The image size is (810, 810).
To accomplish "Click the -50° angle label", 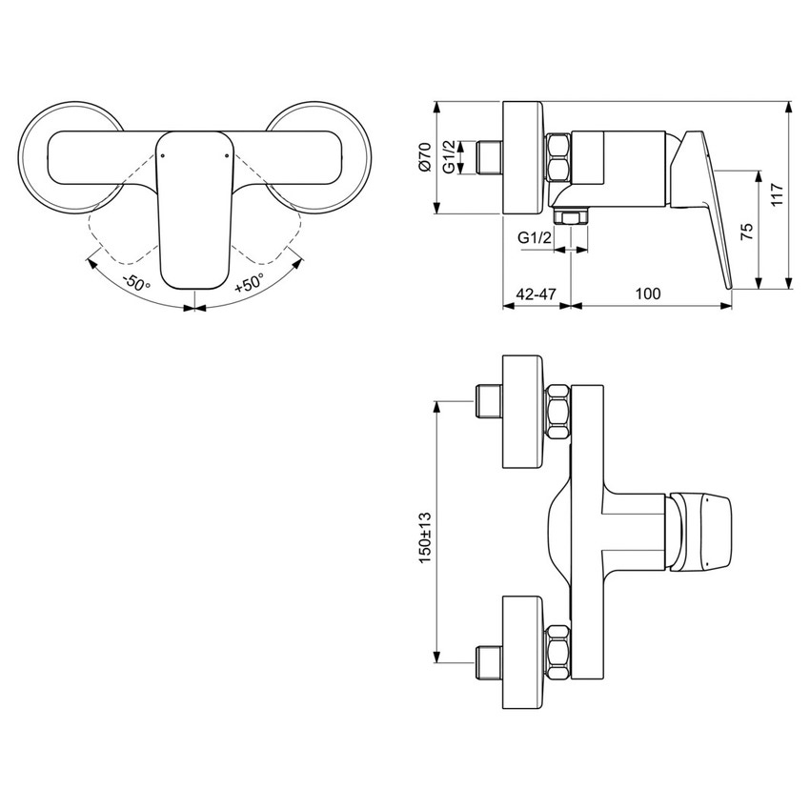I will [137, 283].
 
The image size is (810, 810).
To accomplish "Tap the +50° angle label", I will [251, 283].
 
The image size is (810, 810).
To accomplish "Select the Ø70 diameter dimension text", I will [425, 156].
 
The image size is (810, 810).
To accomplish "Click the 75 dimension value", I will [746, 230].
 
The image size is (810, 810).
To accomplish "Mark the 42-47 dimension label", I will [536, 294].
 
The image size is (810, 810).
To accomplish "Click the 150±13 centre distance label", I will [425, 539].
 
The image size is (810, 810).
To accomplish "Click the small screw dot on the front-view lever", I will [163, 151].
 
